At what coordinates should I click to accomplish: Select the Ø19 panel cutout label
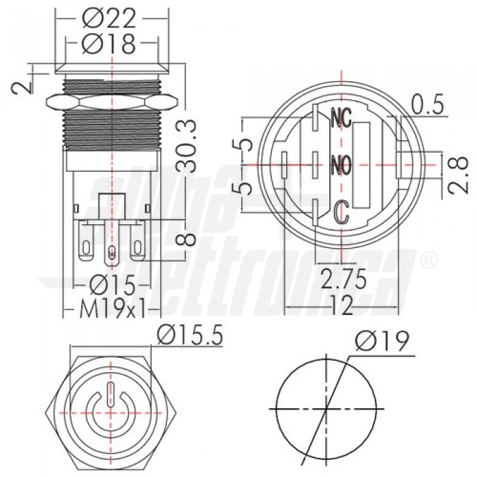(x=384, y=341)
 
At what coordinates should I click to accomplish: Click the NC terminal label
(x=340, y=119)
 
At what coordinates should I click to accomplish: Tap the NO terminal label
(x=340, y=164)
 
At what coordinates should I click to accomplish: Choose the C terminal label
(x=343, y=212)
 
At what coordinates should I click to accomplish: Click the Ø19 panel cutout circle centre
(x=327, y=409)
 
